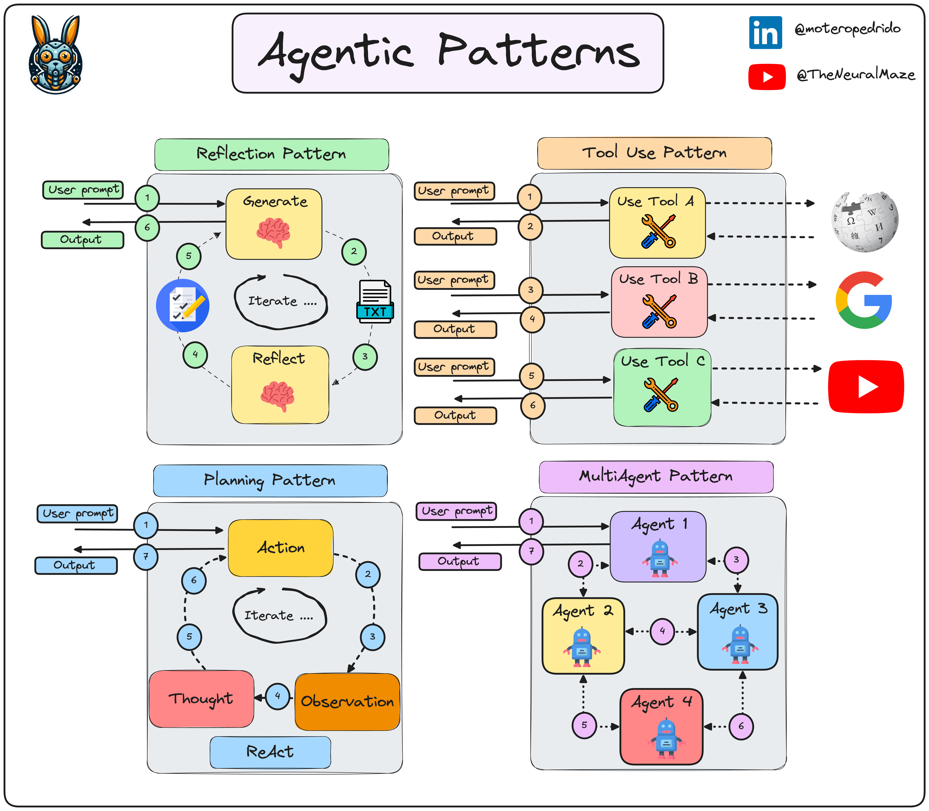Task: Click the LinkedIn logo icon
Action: coord(765,33)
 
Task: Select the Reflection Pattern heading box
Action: coord(272,154)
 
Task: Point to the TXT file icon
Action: coord(375,301)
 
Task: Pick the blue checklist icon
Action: coord(182,306)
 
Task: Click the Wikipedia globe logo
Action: coord(865,222)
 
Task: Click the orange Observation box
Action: coord(347,701)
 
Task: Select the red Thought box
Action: coord(201,699)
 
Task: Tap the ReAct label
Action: coord(270,752)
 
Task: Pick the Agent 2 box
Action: coord(583,635)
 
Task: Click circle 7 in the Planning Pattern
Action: coord(146,557)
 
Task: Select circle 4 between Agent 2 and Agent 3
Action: coord(662,631)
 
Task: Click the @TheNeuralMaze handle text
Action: coord(855,75)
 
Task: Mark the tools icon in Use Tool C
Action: coord(661,395)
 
